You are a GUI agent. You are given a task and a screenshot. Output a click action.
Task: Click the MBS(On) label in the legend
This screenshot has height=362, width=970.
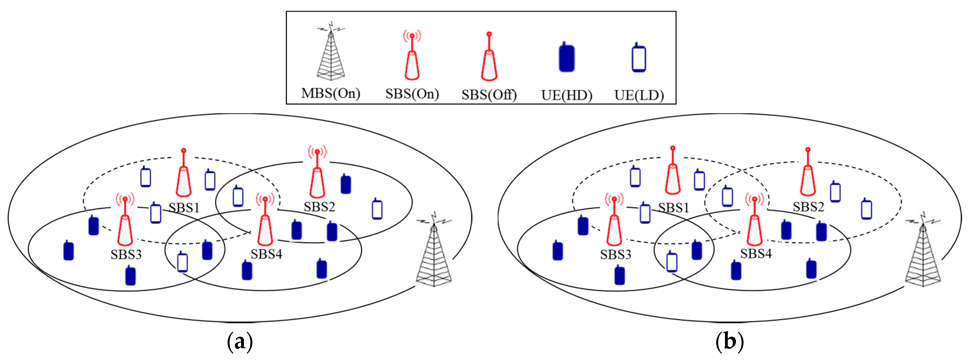pos(331,93)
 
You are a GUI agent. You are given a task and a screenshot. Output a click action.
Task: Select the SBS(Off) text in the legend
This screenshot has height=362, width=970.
pos(489,94)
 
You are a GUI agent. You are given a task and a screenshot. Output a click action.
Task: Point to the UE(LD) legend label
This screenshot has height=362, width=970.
pos(639,95)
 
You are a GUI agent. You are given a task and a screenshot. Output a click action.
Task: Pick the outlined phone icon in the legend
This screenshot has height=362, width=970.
pos(639,58)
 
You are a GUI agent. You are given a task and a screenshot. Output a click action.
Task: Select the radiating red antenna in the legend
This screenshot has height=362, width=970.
pos(412,56)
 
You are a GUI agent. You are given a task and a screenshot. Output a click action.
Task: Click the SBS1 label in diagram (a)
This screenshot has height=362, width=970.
pos(184,207)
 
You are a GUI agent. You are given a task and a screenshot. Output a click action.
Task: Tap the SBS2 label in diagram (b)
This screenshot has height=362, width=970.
pos(808,207)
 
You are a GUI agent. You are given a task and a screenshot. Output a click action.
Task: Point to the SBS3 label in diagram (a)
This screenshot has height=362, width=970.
pos(126,255)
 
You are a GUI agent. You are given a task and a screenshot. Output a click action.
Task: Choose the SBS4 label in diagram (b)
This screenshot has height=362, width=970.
pos(756,254)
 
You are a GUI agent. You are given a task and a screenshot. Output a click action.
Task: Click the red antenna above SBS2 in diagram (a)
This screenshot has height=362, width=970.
pos(318,175)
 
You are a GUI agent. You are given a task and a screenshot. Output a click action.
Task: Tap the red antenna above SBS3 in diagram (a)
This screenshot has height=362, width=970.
pos(125,222)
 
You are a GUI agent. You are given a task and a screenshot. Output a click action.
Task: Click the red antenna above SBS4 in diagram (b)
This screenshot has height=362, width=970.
pos(754,222)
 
